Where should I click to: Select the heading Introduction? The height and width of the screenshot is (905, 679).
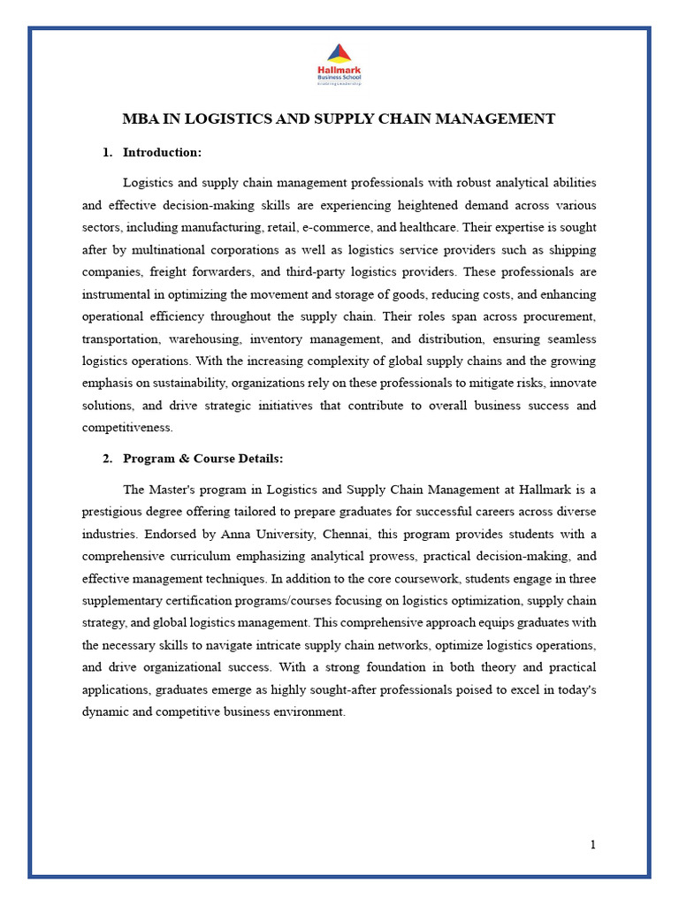[x=162, y=153]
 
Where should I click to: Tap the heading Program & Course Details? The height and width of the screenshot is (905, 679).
[x=202, y=459]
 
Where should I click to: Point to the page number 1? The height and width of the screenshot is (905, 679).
[x=593, y=845]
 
